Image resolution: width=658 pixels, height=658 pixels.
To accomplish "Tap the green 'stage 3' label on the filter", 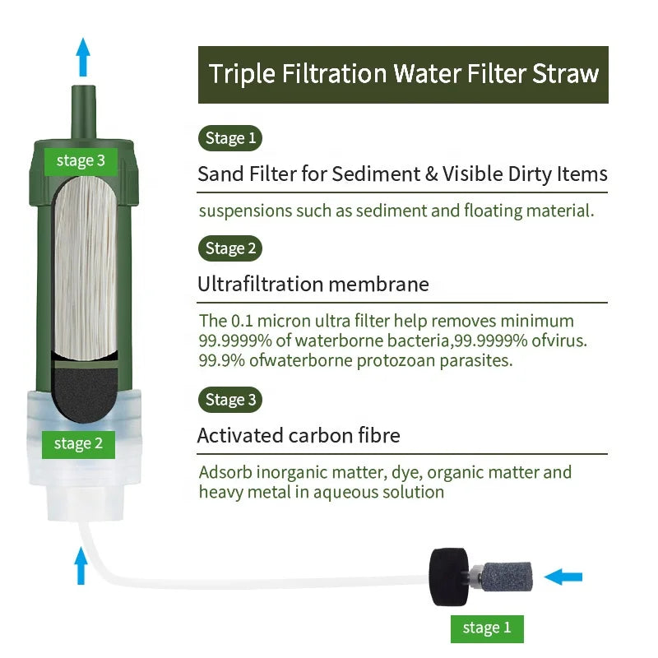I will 81,161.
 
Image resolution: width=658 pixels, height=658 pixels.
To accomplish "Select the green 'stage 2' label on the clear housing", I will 78,444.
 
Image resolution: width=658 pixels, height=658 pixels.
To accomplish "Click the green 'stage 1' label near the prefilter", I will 487,628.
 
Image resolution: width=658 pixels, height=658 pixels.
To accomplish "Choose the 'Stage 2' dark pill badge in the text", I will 229,248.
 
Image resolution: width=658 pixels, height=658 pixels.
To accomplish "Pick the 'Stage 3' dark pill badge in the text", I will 229,401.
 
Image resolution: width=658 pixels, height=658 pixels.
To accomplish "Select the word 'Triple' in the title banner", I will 243,73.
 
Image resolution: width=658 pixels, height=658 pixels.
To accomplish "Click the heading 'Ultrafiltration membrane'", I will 313,285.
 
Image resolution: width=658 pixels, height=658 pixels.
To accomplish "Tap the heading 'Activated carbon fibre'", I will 299,436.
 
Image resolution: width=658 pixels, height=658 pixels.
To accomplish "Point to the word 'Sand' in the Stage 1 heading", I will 219,174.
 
